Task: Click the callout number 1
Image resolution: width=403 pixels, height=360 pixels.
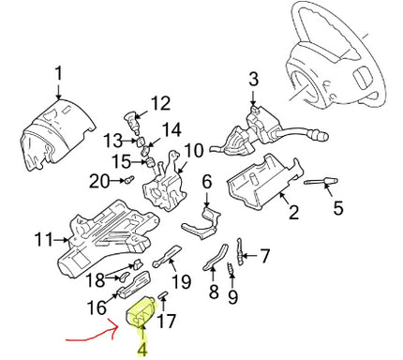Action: point(57,73)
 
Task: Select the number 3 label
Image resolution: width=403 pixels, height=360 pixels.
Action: point(252,81)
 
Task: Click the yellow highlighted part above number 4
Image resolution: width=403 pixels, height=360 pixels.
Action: point(143,316)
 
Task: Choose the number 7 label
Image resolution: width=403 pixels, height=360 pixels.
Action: point(264,253)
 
